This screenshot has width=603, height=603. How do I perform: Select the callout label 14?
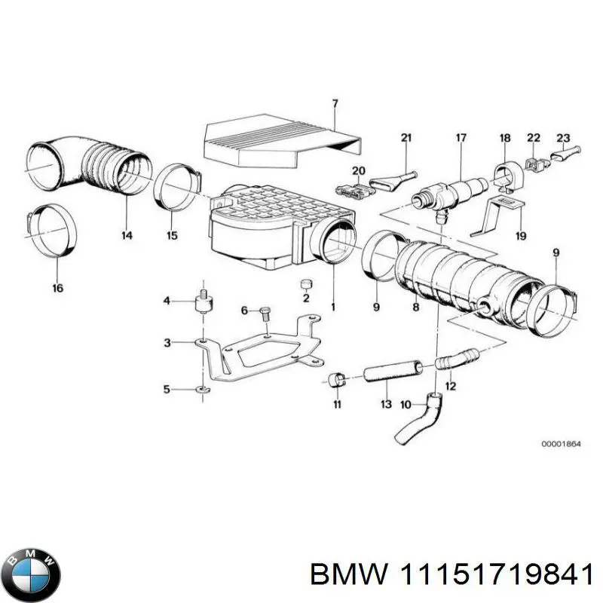coord(126,236)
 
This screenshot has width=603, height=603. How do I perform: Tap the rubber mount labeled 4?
coord(202,303)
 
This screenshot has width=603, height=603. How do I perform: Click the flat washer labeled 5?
coord(202,390)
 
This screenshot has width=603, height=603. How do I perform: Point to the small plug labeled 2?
coord(305,284)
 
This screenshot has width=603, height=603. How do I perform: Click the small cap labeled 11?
coord(337,378)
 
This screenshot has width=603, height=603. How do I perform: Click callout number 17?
coord(461,138)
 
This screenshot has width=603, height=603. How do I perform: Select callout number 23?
coord(563,138)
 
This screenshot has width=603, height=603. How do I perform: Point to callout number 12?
coord(450,387)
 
